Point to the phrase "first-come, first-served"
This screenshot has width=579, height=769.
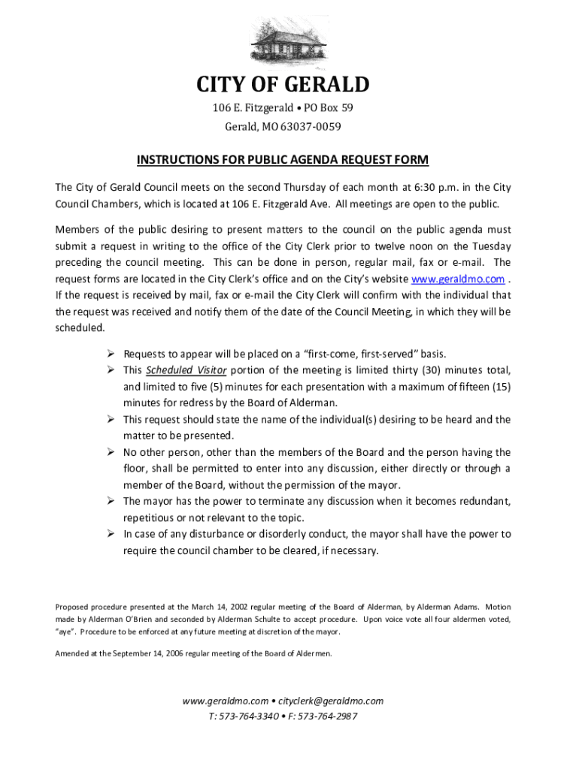[375, 354]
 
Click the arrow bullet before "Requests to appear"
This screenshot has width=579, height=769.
[110, 354]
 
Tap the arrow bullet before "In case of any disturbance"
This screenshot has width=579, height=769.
[110, 535]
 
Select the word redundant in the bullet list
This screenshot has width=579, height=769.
[481, 501]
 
